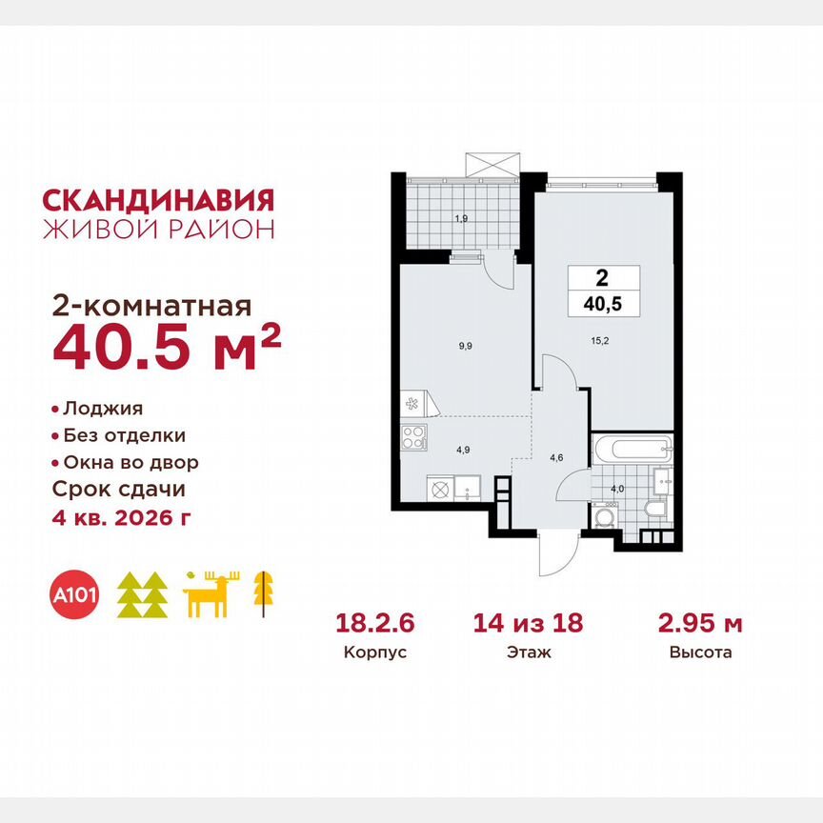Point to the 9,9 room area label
coord(466,348)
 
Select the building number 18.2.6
coord(376,624)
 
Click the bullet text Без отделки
coord(124,435)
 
